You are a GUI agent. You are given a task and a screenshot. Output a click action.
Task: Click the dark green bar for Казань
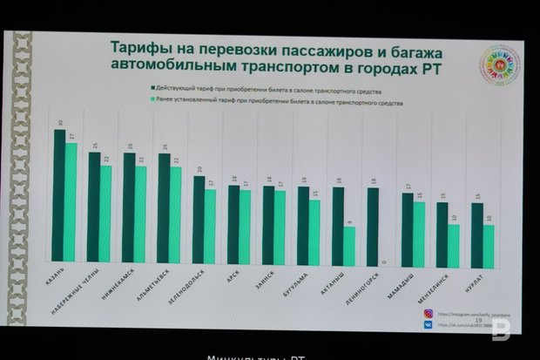(59, 195)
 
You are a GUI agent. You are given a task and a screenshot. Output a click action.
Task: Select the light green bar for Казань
(71, 202)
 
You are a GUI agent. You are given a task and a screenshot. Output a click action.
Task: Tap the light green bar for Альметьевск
(175, 214)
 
